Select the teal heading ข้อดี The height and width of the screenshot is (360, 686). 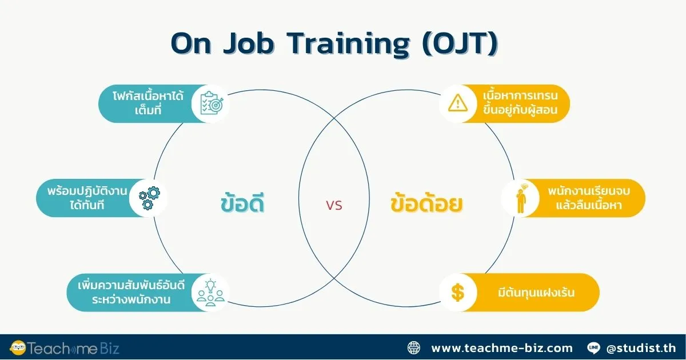(x=243, y=205)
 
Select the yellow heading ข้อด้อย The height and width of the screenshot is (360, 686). (x=427, y=205)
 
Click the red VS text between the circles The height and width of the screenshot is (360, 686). (x=334, y=206)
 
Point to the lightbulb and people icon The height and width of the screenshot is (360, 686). (x=211, y=293)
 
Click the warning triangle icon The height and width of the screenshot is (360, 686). (x=458, y=103)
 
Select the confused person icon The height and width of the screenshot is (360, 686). (x=520, y=198)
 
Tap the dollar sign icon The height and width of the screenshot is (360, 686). (x=458, y=293)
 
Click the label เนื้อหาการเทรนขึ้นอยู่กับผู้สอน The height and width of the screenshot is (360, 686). (x=520, y=103)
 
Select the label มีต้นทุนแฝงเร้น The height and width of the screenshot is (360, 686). (x=536, y=293)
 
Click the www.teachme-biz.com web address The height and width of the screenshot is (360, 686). (x=501, y=347)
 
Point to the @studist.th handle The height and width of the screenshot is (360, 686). (x=640, y=347)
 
